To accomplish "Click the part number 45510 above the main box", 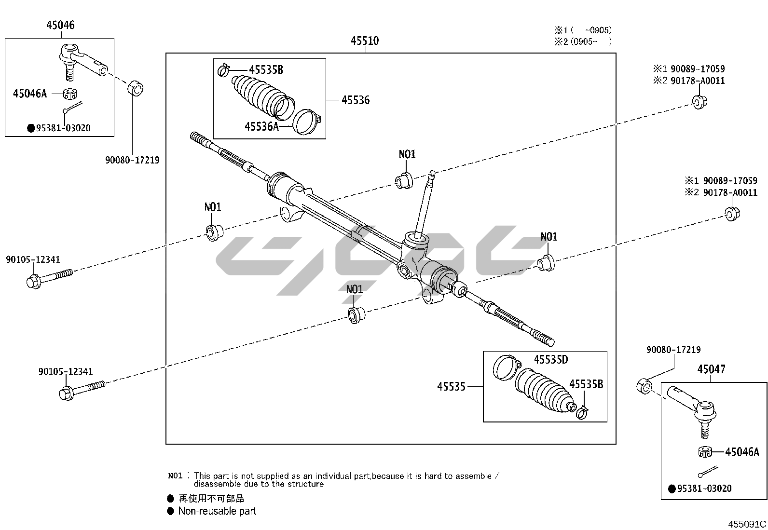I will pyautogui.click(x=364, y=41).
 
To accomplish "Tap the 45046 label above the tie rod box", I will pyautogui.click(x=60, y=25).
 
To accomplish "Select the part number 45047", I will pyautogui.click(x=711, y=369).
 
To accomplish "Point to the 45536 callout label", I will pyautogui.click(x=356, y=100).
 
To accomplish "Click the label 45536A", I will pyautogui.click(x=261, y=127).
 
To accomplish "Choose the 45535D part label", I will pyautogui.click(x=550, y=360).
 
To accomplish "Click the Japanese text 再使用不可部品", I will pyautogui.click(x=211, y=499).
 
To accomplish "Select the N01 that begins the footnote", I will pyautogui.click(x=175, y=476).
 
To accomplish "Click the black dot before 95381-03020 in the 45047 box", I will pyautogui.click(x=672, y=489).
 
